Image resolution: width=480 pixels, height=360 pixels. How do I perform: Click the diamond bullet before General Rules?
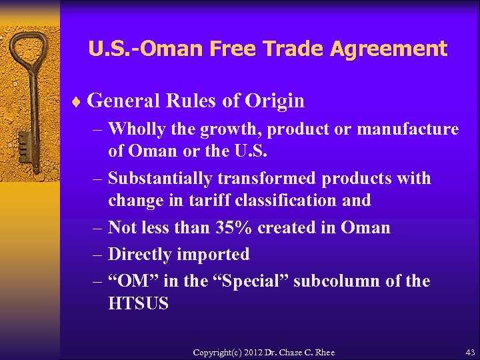tap(77, 102)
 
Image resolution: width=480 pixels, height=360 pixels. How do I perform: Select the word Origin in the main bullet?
tap(275, 101)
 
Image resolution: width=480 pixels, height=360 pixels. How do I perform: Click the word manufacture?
tap(408, 129)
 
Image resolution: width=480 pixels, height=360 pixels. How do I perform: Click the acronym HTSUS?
tap(138, 304)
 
